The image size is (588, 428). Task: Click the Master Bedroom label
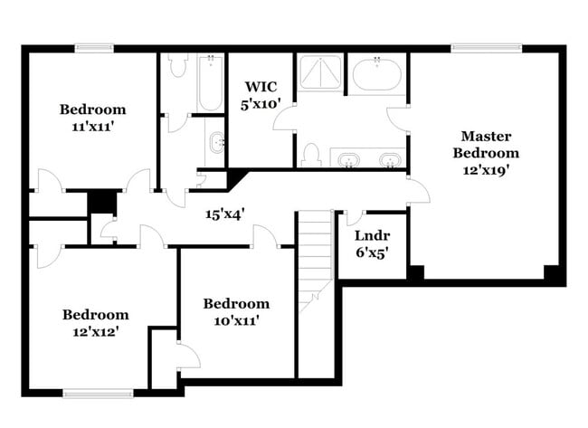[x=486, y=144]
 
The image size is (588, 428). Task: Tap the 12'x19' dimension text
[x=486, y=170]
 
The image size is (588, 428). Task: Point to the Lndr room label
[x=372, y=236]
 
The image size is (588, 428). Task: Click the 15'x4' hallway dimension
[x=224, y=214]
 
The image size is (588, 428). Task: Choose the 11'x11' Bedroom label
[x=93, y=110]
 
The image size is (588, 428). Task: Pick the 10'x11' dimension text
[x=235, y=320]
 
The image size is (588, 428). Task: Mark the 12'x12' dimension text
[x=95, y=331]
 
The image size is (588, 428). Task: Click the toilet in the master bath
[x=310, y=155]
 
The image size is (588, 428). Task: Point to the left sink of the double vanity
[x=348, y=160]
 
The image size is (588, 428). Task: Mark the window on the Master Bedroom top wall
[x=487, y=48]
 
